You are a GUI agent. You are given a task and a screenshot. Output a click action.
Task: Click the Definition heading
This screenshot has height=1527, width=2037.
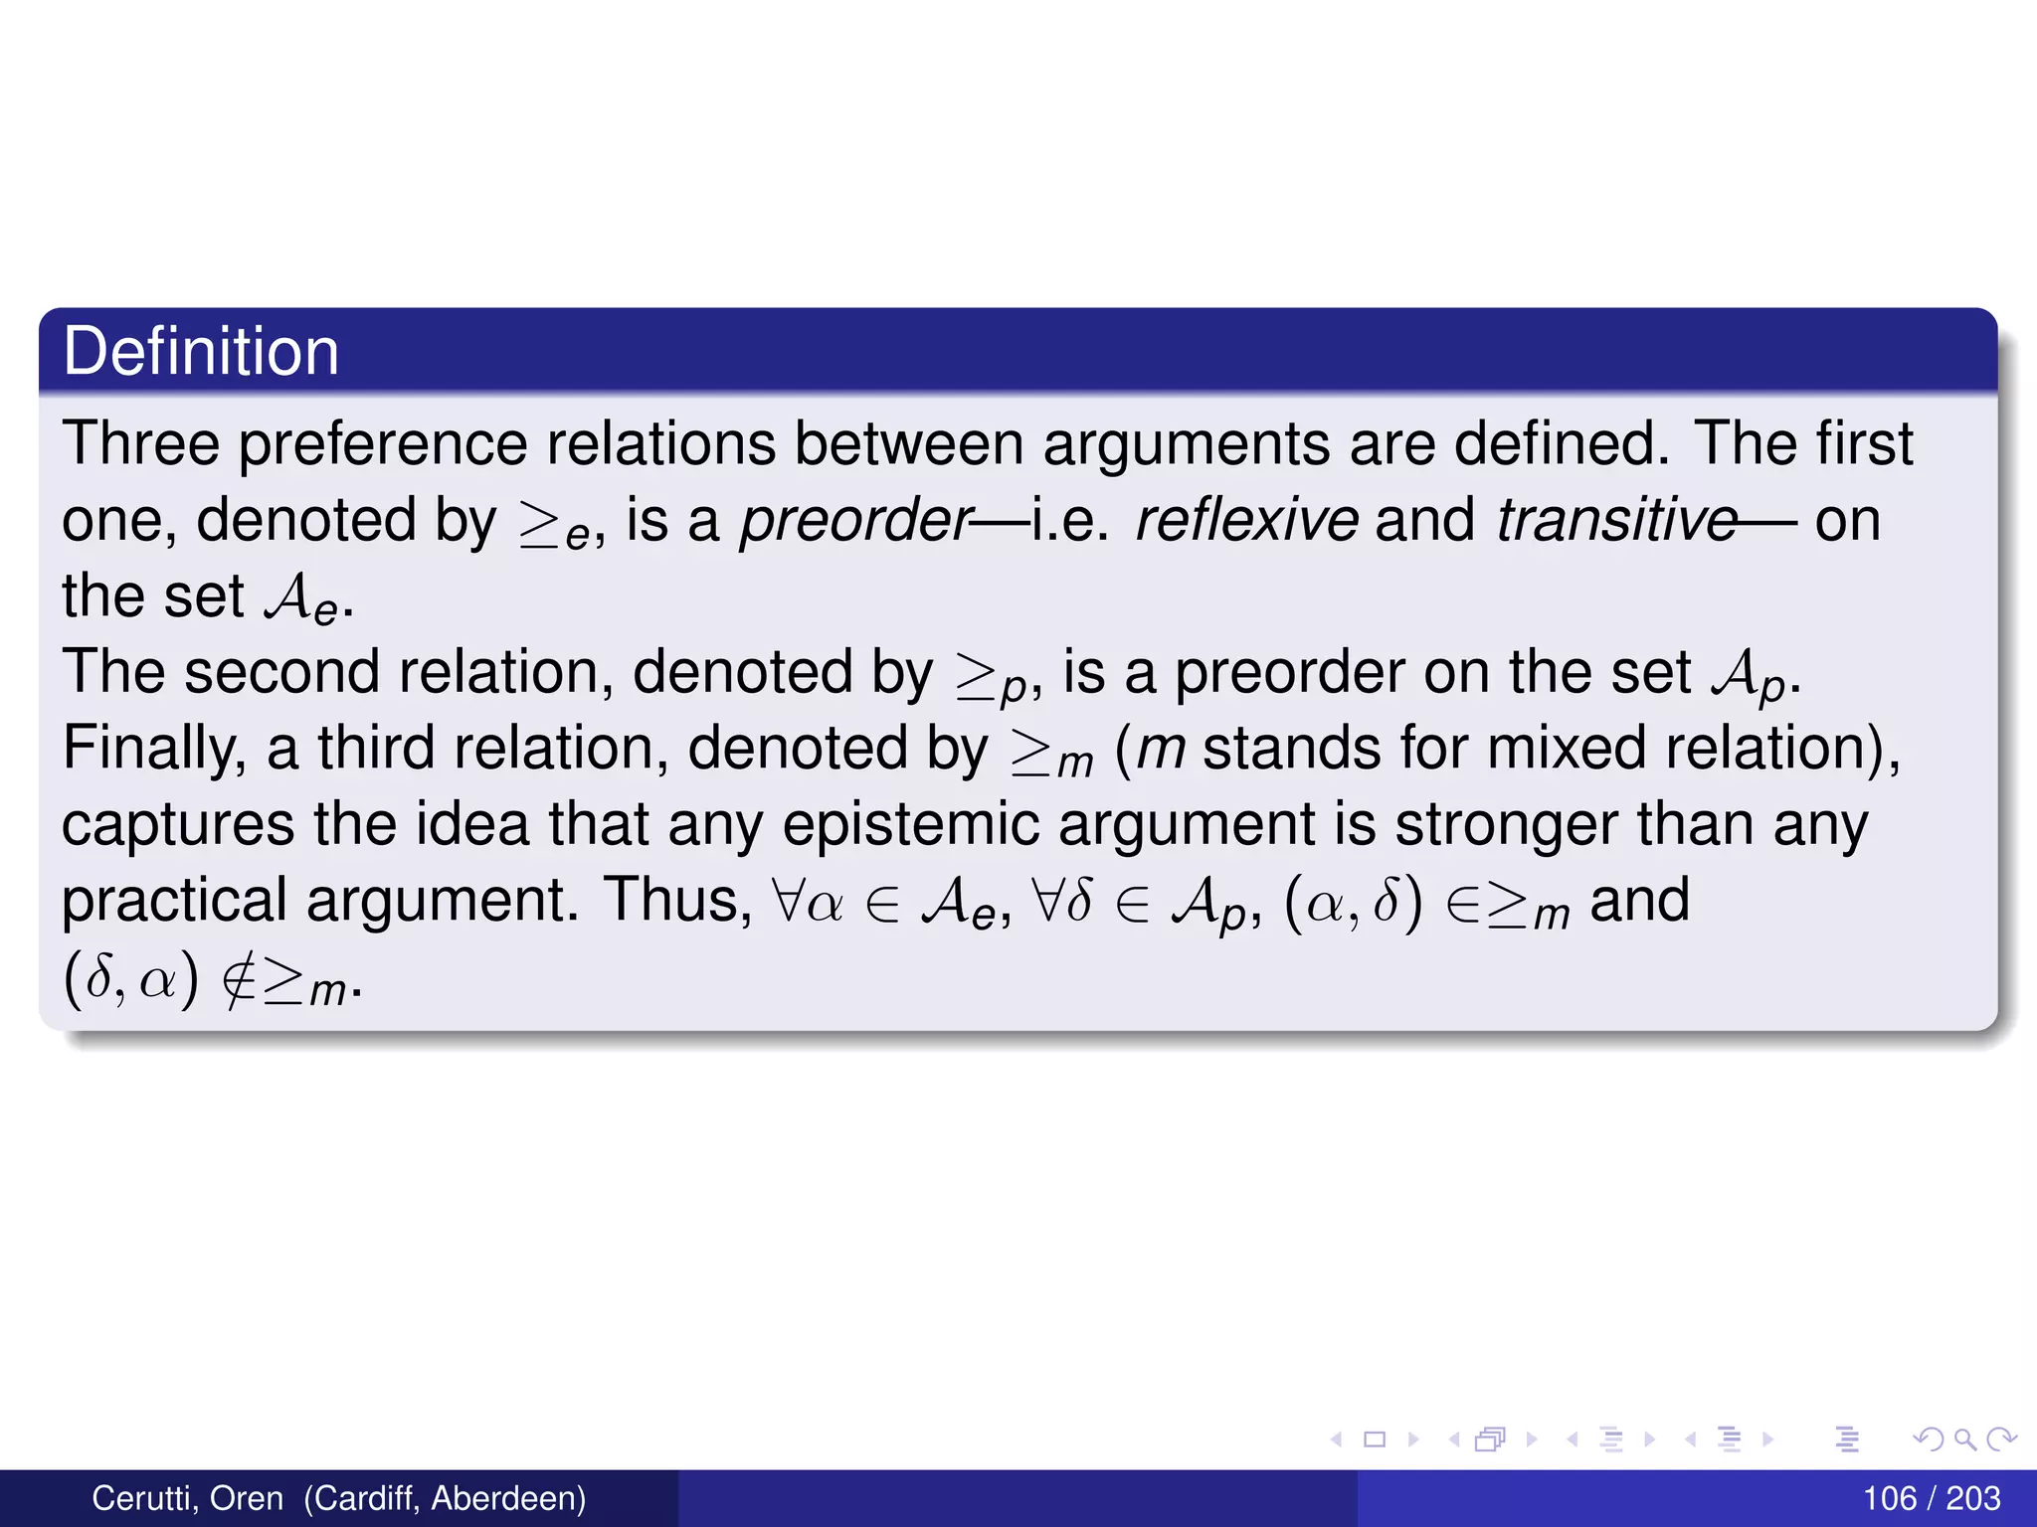[201, 352]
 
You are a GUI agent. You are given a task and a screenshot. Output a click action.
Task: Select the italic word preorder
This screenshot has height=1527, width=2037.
[855, 520]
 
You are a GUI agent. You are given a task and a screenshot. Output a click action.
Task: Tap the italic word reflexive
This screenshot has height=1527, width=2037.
[1246, 520]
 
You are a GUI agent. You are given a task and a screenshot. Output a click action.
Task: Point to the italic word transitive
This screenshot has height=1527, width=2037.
[1616, 520]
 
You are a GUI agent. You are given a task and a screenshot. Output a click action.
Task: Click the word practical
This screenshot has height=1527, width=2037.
[174, 901]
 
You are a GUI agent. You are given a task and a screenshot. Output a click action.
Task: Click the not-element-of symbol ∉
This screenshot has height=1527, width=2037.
[239, 980]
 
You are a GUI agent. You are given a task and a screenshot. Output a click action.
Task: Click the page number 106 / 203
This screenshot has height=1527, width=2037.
[1931, 1498]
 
